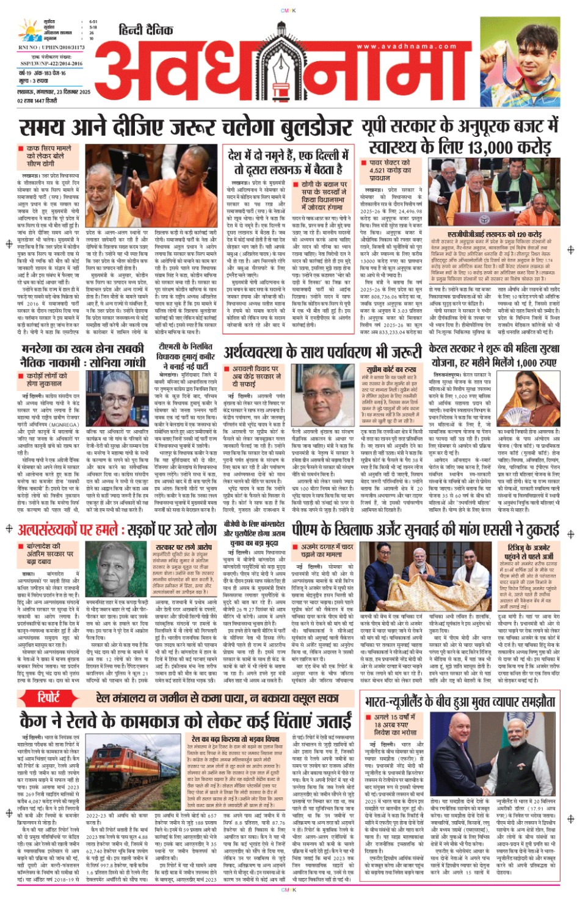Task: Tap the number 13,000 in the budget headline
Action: [x=483, y=147]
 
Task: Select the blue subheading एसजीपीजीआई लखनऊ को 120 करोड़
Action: [x=495, y=234]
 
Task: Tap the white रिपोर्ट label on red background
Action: [x=49, y=697]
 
